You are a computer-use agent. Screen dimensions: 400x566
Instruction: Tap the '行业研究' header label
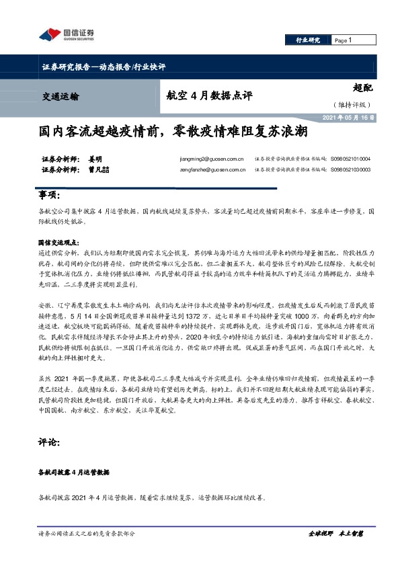309,40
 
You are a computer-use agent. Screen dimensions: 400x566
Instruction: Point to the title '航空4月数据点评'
208,95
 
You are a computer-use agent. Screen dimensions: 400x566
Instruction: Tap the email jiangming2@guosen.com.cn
208,159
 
